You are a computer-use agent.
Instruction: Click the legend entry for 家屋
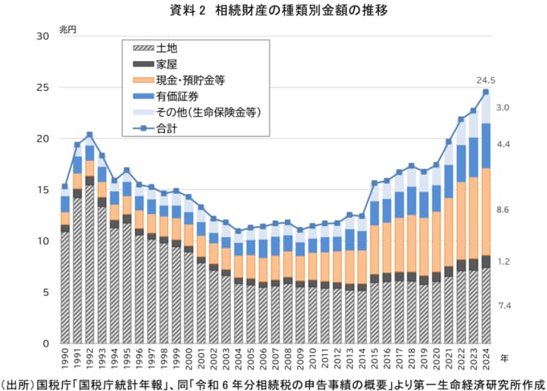click(167, 64)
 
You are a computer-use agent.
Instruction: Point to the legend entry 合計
click(167, 128)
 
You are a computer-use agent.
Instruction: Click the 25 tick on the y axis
click(42, 88)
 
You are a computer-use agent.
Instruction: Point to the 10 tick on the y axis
click(42, 241)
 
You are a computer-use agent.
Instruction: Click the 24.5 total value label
click(485, 80)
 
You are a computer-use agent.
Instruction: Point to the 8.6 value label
click(504, 210)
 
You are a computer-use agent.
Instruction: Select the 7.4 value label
click(504, 306)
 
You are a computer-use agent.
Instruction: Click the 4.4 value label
click(504, 144)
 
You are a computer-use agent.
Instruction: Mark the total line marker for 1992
click(89, 134)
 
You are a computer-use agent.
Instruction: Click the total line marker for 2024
click(485, 93)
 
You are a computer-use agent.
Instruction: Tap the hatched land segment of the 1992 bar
click(89, 265)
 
